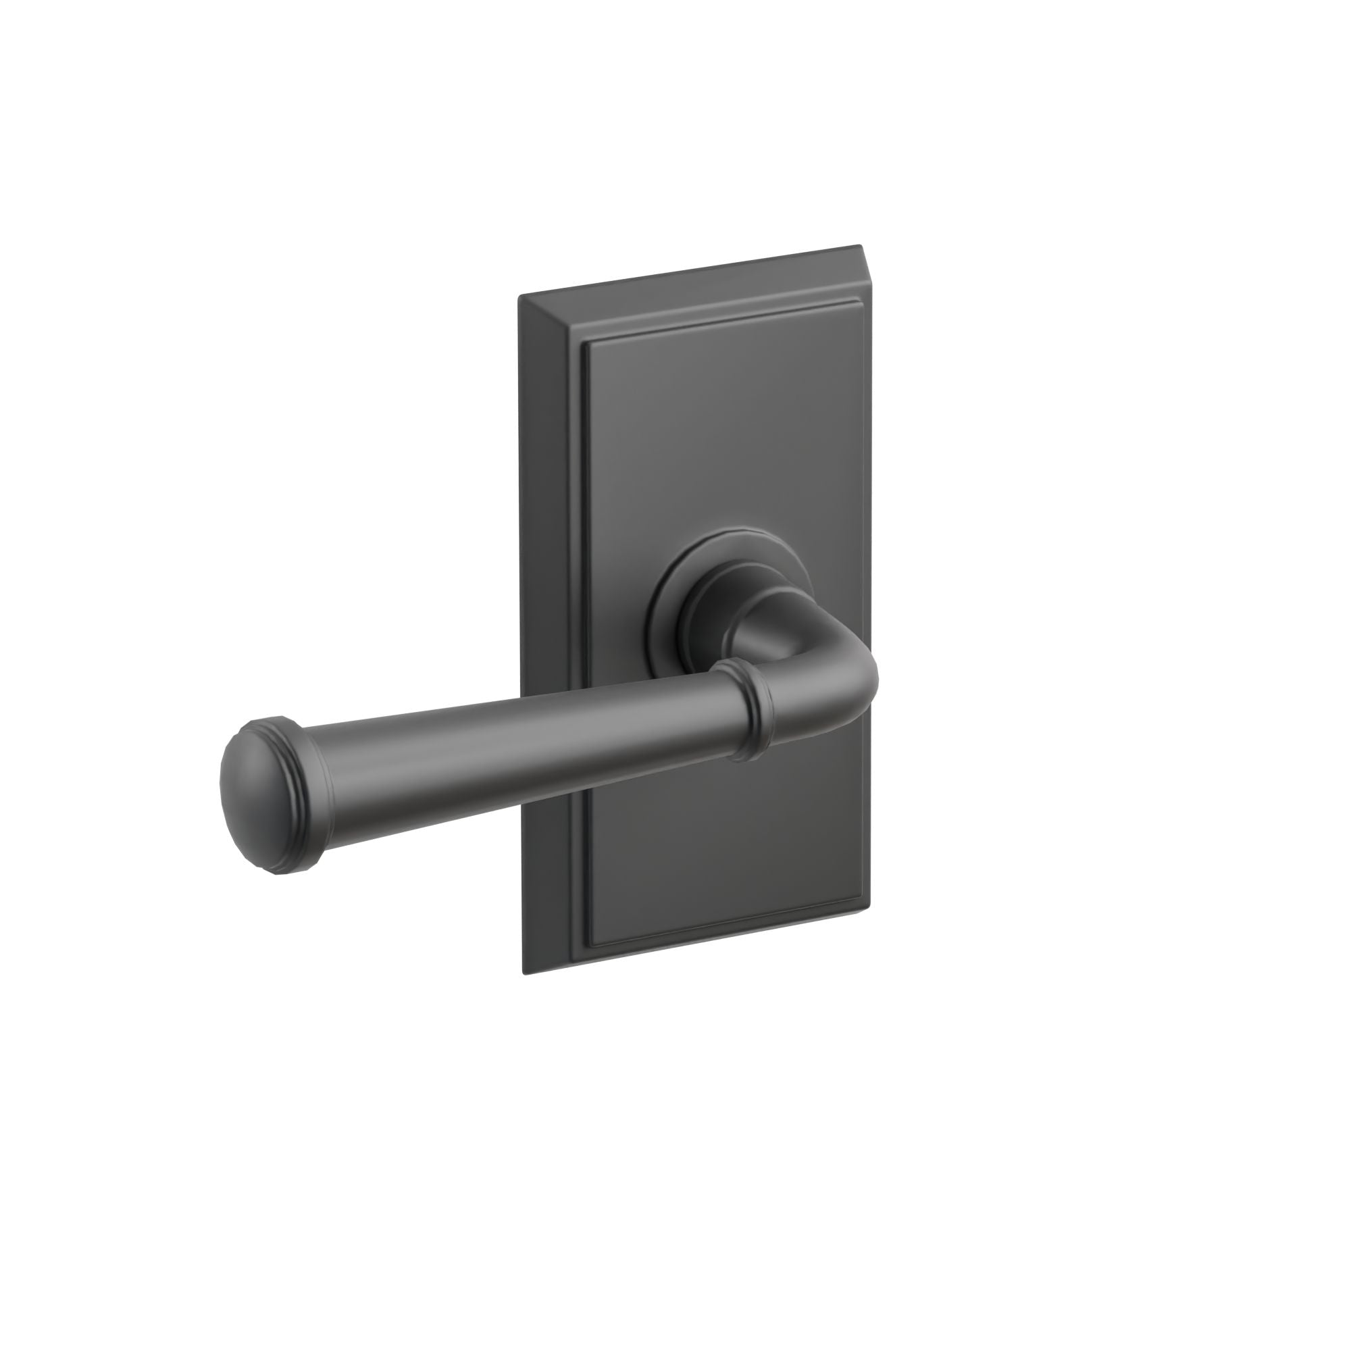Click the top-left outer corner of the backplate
coord(519,297)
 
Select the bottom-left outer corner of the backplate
coord(524,973)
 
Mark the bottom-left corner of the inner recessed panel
coord(592,938)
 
